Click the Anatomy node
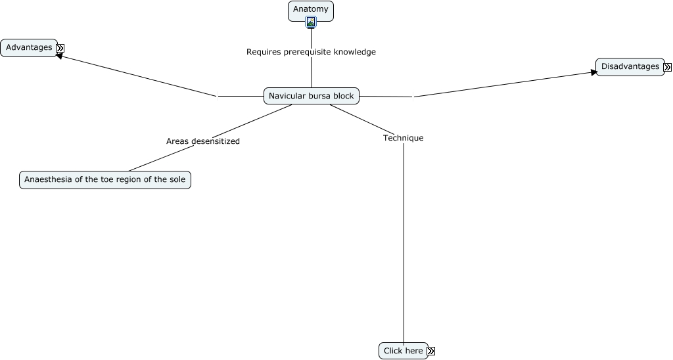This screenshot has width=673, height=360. coord(311,11)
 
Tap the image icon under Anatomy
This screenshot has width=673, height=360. coord(311,22)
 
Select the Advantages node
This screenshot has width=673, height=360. coord(29,48)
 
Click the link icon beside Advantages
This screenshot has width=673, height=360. coord(60,48)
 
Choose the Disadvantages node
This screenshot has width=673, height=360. coord(630,67)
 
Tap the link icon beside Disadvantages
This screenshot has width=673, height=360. coord(668,68)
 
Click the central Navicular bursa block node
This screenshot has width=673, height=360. coord(311,96)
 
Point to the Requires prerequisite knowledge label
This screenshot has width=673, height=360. coord(311,52)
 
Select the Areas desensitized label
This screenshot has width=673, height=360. coord(203,141)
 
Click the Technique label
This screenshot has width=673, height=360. coord(404,138)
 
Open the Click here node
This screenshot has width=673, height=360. coord(404,351)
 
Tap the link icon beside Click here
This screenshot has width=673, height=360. coord(431,351)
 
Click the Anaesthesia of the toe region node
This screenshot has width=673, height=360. coord(105,180)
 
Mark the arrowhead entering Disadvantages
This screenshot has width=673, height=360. coord(594,72)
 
